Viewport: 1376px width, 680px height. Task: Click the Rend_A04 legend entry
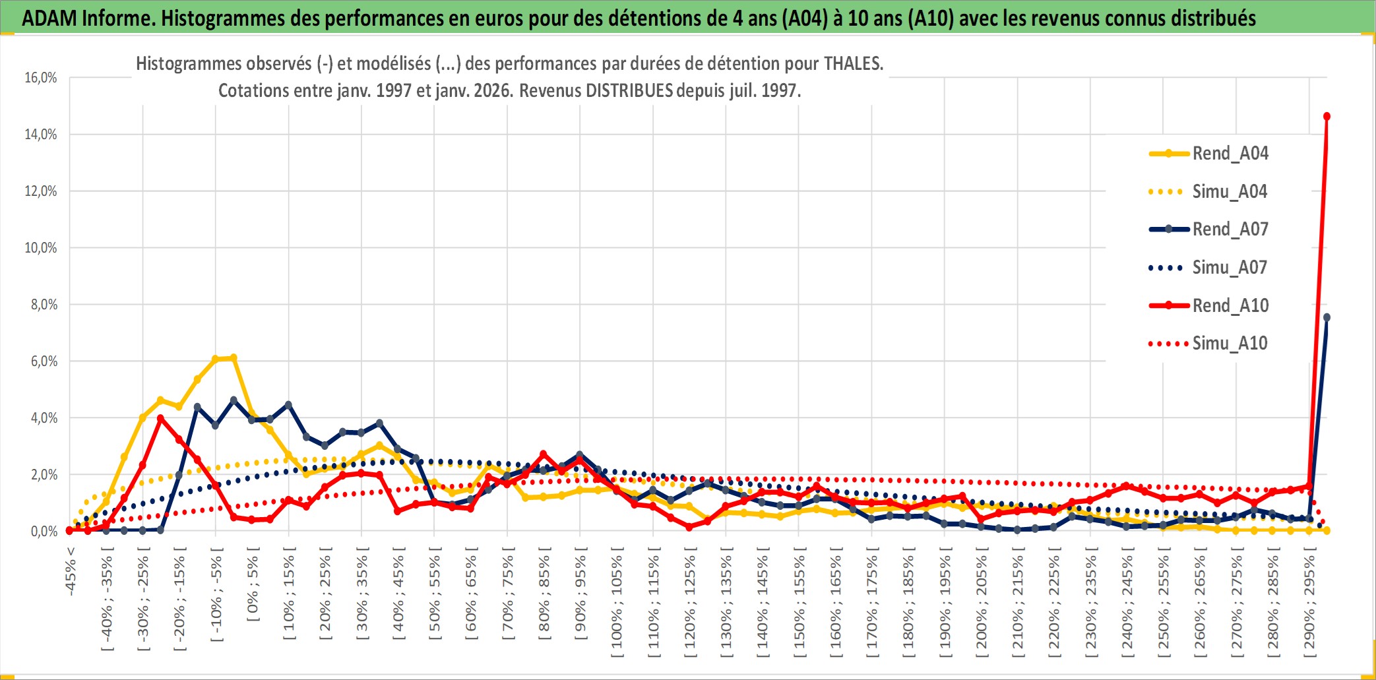pyautogui.click(x=1230, y=154)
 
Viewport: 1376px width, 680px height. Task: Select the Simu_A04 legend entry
pyautogui.click(x=1230, y=192)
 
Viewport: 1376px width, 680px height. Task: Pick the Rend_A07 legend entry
pyautogui.click(x=1230, y=230)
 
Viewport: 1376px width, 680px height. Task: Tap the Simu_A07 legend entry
pyautogui.click(x=1230, y=268)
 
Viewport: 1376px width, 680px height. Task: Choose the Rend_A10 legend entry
pyautogui.click(x=1230, y=305)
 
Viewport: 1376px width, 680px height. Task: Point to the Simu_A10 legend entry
pyautogui.click(x=1230, y=344)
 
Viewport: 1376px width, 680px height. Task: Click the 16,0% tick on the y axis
pyautogui.click(x=41, y=78)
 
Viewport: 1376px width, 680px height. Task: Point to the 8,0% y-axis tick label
pyautogui.click(x=44, y=305)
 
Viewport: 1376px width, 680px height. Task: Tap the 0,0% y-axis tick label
pyautogui.click(x=44, y=532)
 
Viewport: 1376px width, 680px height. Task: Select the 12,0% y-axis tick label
pyautogui.click(x=41, y=191)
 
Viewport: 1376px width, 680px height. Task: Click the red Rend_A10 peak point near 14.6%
pyautogui.click(x=1327, y=117)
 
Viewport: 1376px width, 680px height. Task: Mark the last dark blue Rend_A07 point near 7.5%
pyautogui.click(x=1327, y=317)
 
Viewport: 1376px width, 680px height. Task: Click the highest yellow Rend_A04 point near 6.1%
pyautogui.click(x=233, y=358)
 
